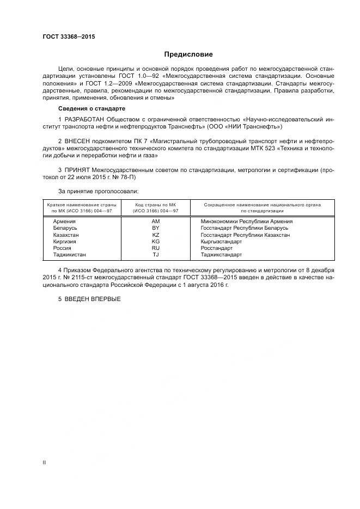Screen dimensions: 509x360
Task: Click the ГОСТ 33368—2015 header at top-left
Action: coord(68,36)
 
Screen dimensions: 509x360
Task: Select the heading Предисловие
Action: coord(188,54)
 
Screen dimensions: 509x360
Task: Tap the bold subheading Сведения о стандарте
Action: coord(88,108)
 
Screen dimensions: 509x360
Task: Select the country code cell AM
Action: coord(156,222)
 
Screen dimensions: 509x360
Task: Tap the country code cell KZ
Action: coord(156,235)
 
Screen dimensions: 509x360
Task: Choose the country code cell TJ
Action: coord(156,254)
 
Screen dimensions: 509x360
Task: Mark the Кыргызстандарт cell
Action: coord(221,241)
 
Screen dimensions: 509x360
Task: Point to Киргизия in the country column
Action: coord(65,241)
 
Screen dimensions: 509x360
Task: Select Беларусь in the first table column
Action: coord(65,228)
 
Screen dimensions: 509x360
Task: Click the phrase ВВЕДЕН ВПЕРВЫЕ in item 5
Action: coord(93,299)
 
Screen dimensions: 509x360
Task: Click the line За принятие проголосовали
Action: coord(98,192)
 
